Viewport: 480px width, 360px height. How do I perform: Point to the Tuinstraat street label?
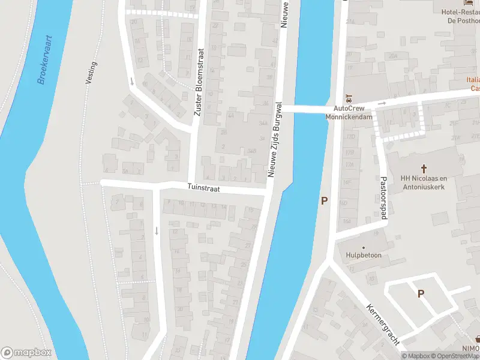click(203, 188)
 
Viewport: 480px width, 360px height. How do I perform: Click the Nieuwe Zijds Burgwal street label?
click(275, 140)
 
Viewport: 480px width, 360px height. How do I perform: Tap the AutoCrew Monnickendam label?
click(349, 113)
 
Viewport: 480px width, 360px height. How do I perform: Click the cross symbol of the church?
click(424, 169)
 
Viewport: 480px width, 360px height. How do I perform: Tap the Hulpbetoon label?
click(364, 255)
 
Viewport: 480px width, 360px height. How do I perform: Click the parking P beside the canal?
click(325, 201)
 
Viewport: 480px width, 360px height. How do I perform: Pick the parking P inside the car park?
click(421, 293)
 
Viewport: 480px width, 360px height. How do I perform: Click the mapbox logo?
click(26, 352)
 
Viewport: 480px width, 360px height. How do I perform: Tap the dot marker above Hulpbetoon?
click(364, 247)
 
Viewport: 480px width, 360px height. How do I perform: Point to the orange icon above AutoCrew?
click(346, 98)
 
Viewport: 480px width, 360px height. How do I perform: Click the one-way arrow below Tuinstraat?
click(157, 230)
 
